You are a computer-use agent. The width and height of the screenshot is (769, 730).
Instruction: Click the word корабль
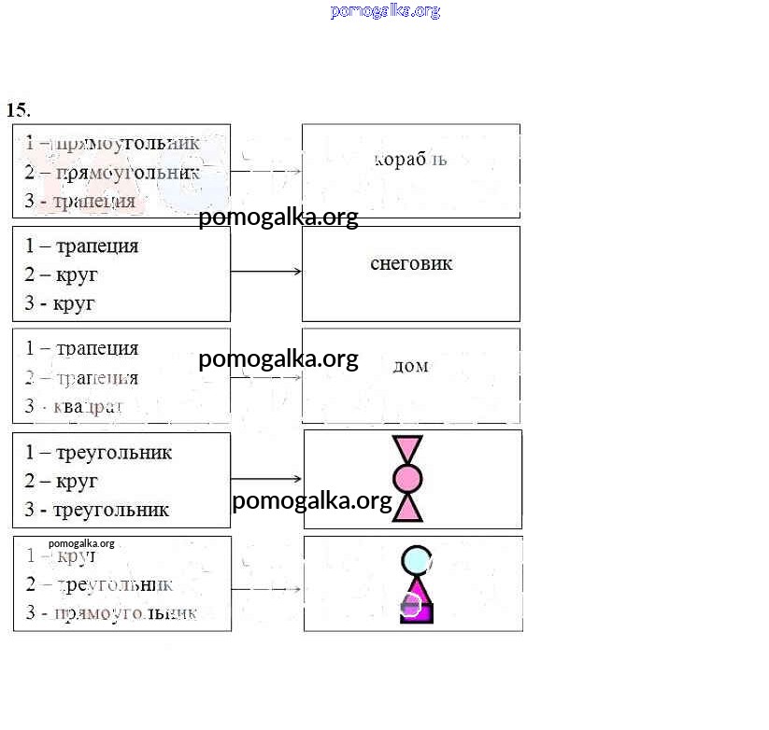(410, 160)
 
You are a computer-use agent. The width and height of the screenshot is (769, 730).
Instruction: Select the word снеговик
(411, 263)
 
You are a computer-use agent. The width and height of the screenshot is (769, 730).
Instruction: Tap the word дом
(410, 366)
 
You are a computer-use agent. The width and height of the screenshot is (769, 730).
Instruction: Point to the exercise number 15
(18, 109)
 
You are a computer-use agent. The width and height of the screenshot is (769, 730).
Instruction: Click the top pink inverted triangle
(407, 448)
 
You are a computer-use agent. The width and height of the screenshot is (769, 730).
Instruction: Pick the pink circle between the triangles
(407, 479)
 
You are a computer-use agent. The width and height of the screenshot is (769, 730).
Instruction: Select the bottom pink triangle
(407, 509)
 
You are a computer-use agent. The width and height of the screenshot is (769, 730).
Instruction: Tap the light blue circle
(417, 560)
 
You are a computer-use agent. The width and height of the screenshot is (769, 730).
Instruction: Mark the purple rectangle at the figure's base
(417, 612)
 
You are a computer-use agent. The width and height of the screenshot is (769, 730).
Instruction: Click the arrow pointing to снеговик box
(266, 272)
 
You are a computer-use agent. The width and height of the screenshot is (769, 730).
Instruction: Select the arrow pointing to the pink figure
(266, 479)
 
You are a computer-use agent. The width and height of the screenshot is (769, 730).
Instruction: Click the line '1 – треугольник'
(98, 453)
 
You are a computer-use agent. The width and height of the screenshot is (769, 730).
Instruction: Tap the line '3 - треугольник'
(96, 510)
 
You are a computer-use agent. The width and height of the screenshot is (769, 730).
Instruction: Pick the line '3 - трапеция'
(80, 201)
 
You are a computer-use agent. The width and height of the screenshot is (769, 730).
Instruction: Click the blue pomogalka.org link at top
(385, 11)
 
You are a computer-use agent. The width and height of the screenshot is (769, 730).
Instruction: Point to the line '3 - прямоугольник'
(111, 613)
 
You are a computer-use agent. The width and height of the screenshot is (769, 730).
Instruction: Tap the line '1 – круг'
(61, 556)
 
